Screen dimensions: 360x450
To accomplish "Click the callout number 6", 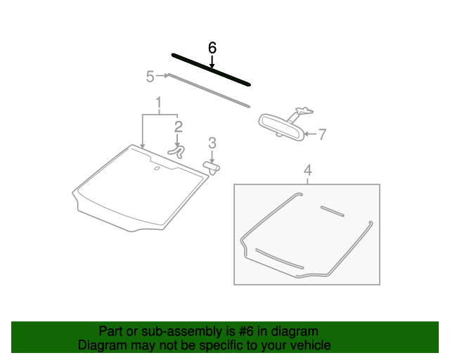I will pyautogui.click(x=212, y=48).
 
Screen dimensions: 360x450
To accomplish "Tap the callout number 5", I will pyautogui.click(x=150, y=76).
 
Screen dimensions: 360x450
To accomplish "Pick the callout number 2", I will pyautogui.click(x=179, y=127).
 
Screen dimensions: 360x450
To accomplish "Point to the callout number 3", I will pyautogui.click(x=212, y=143).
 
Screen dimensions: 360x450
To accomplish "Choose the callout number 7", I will pyautogui.click(x=322, y=134).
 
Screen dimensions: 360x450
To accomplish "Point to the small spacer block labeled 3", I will pyautogui.click(x=212, y=167).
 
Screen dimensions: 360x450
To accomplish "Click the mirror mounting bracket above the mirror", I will pyautogui.click(x=304, y=110).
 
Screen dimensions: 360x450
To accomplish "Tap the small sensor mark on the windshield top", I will pyautogui.click(x=156, y=169).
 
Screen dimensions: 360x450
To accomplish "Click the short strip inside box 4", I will pyautogui.click(x=331, y=210).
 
